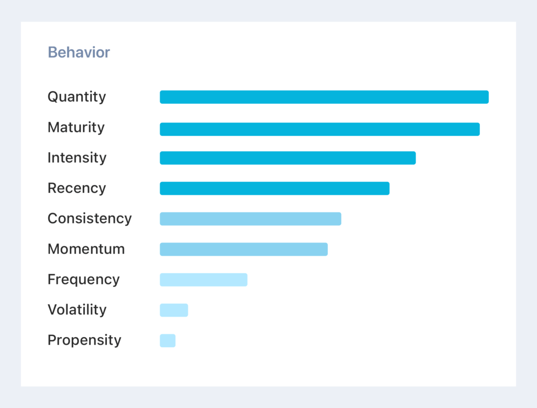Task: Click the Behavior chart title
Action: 79,52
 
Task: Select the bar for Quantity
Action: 324,97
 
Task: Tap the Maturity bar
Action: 319,129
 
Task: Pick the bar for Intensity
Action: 287,158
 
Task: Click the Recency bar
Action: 274,188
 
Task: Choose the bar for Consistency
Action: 250,219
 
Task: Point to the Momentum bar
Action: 243,249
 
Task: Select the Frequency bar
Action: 203,280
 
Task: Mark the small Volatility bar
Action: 174,310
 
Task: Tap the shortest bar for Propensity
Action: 167,340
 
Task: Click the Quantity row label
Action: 77,97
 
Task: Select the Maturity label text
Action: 76,127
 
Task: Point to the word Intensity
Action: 77,158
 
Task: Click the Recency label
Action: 77,188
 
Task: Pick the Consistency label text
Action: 90,219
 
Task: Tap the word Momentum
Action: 86,249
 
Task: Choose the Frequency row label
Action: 83,280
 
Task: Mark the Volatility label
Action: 77,310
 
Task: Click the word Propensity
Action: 84,340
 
